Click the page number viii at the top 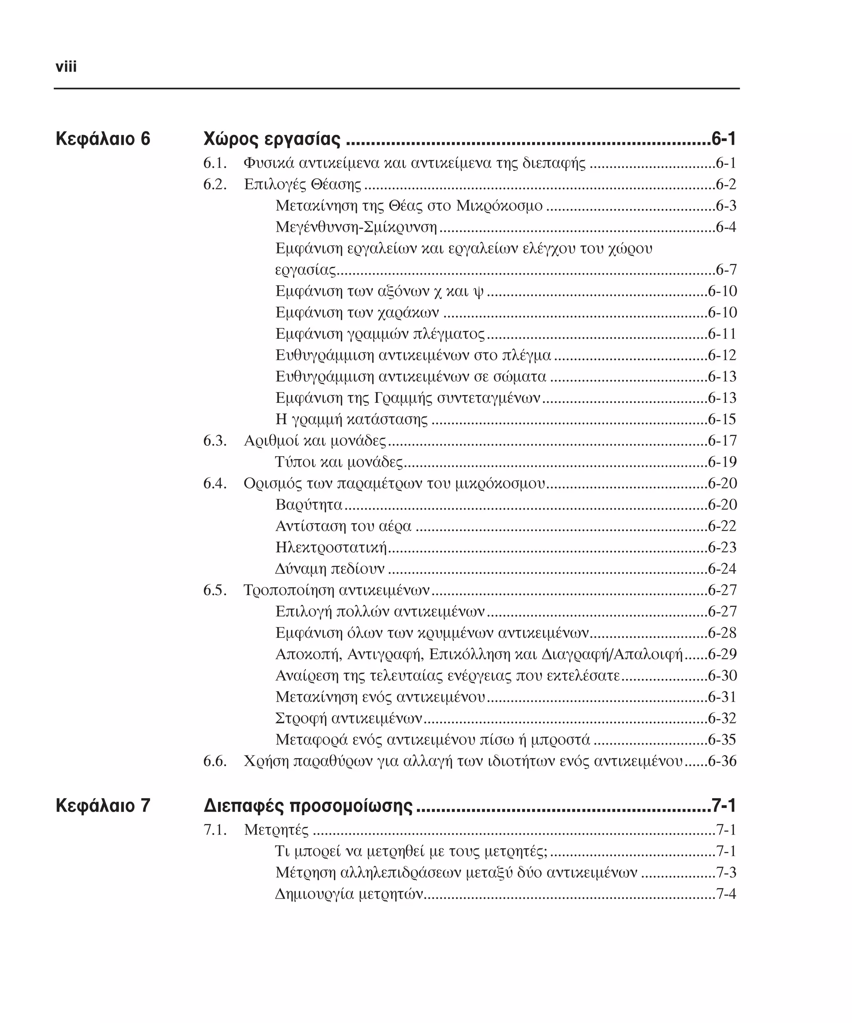(x=66, y=67)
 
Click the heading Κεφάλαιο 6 (x=103, y=139)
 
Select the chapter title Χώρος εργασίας (x=272, y=139)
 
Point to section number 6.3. (x=215, y=441)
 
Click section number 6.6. (x=215, y=761)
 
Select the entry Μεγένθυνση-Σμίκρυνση (x=356, y=228)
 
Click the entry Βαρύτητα (x=309, y=505)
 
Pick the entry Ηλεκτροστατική (x=331, y=548)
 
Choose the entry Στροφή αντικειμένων (x=349, y=718)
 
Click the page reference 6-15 (x=722, y=420)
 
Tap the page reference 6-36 (x=722, y=761)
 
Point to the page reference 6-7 (x=726, y=270)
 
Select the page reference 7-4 (x=726, y=894)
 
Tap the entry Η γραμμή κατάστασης (x=352, y=420)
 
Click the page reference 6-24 (x=722, y=569)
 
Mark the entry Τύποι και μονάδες (x=339, y=462)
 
